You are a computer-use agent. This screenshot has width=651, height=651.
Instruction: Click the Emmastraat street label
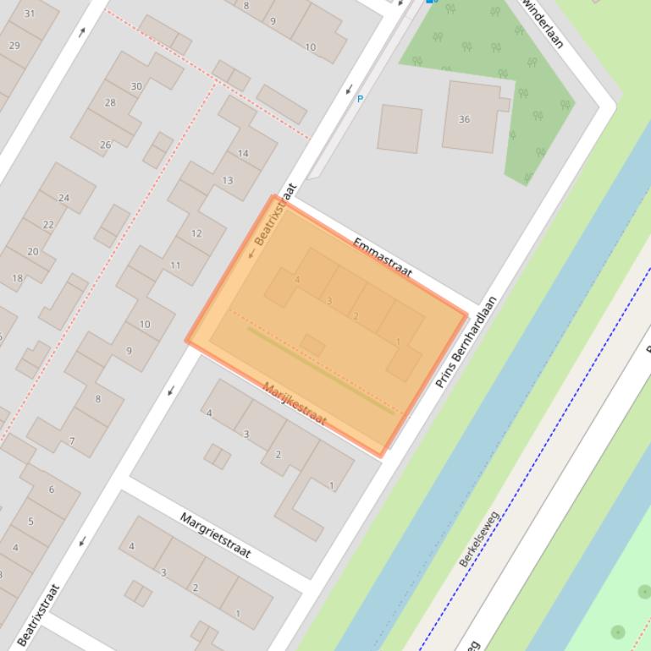[x=382, y=257]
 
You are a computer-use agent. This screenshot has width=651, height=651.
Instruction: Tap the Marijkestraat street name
[x=294, y=403]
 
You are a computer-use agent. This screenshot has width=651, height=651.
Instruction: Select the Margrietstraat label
[x=215, y=534]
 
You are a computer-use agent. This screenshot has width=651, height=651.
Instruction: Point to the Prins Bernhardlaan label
[x=465, y=342]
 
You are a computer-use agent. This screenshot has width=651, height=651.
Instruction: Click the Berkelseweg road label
[x=479, y=538]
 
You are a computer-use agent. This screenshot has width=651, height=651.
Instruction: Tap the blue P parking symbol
[x=360, y=99]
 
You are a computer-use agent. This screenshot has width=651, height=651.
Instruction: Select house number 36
[x=464, y=119]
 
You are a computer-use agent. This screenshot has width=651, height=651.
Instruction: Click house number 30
[x=136, y=86]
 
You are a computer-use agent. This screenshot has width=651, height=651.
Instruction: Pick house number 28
[x=110, y=103]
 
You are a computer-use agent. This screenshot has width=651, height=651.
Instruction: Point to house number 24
[x=63, y=198]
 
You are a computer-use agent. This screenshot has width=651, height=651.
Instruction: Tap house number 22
[x=48, y=225]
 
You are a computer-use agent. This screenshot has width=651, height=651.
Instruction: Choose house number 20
[x=33, y=252]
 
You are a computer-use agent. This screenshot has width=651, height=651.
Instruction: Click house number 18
[x=17, y=278]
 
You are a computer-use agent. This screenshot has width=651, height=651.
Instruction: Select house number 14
[x=243, y=153]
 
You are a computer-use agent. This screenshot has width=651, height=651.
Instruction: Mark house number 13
[x=227, y=180]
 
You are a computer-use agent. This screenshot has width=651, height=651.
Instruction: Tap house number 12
[x=196, y=233]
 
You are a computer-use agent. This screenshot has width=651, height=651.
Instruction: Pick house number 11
[x=175, y=265]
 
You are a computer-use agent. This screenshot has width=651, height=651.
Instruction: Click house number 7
[x=72, y=441]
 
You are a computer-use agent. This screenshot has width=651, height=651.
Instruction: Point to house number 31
[x=30, y=14]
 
